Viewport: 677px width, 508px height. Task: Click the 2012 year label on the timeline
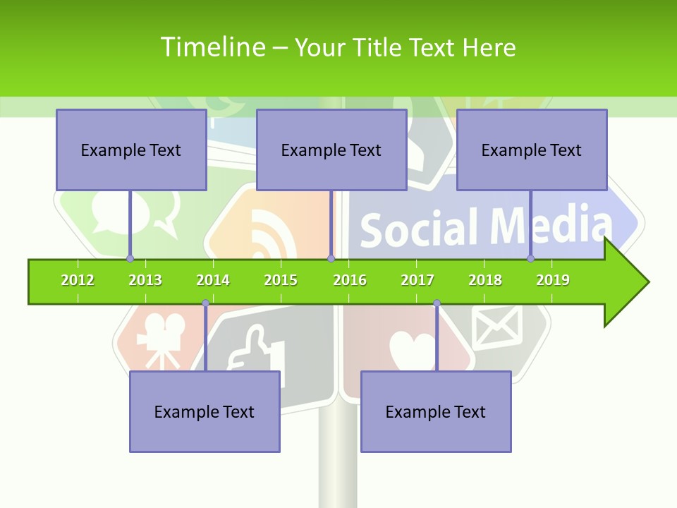(x=78, y=280)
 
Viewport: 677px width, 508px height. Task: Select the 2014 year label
(x=213, y=280)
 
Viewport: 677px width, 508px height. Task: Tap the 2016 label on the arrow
(x=350, y=280)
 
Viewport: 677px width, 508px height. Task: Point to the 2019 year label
(x=553, y=280)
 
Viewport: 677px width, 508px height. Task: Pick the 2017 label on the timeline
(x=417, y=280)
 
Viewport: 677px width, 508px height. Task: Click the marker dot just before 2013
(x=130, y=258)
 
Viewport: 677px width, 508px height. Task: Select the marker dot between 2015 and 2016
(x=331, y=258)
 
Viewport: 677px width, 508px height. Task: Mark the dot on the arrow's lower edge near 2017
(x=437, y=303)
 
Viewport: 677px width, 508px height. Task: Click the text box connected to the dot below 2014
(x=205, y=411)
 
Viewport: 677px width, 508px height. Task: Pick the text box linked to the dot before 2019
(x=532, y=150)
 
